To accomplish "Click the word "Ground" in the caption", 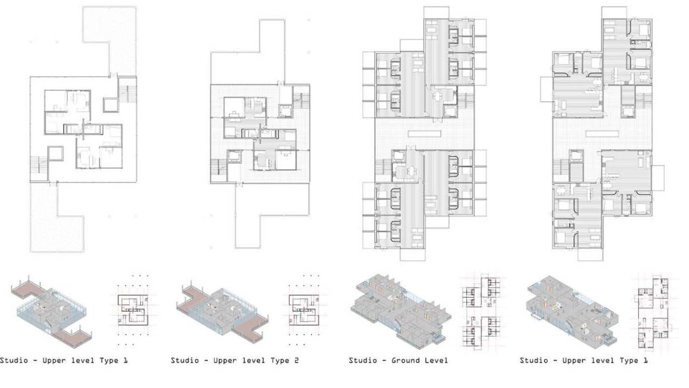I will tap(399, 360).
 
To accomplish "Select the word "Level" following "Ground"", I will tap(434, 360).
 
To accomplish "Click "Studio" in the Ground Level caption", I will tap(363, 360).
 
